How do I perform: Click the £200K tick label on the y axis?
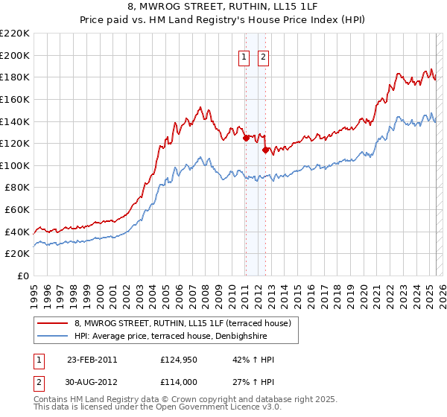(15, 55)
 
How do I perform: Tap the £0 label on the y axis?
(24, 276)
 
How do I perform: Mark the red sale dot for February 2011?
(246, 137)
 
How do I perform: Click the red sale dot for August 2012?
(265, 150)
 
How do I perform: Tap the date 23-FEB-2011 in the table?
(92, 360)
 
